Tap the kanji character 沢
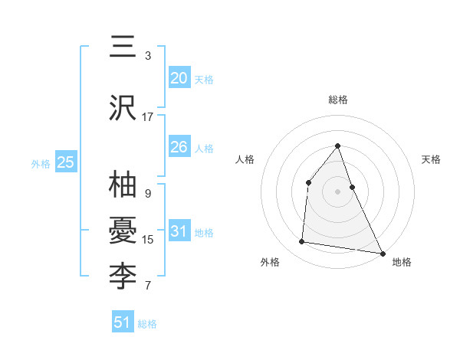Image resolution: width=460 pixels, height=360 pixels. (x=123, y=109)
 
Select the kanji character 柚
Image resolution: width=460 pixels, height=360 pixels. (x=123, y=186)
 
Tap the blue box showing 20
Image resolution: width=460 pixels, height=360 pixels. (x=179, y=78)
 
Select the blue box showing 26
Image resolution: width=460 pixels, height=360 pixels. (x=179, y=147)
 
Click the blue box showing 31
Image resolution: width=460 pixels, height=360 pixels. (x=179, y=232)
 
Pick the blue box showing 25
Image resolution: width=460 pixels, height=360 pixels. (x=65, y=162)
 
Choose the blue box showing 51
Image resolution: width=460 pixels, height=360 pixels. (x=123, y=322)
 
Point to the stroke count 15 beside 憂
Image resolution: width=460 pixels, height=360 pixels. (x=148, y=240)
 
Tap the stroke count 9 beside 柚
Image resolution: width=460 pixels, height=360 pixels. (x=148, y=194)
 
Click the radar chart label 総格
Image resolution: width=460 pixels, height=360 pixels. (x=337, y=100)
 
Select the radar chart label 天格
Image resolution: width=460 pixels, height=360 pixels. (x=431, y=159)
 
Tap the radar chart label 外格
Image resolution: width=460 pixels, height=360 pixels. (x=270, y=262)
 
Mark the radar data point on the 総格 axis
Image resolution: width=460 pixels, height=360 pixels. (x=337, y=146)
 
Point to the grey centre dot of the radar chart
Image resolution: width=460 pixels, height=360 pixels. (x=337, y=191)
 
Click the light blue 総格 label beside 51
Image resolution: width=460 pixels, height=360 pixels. (x=147, y=324)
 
